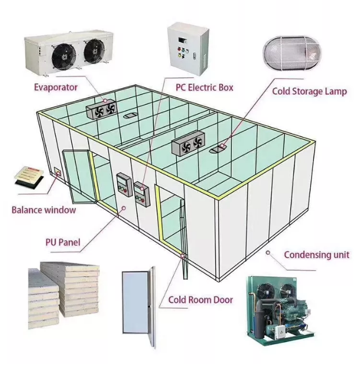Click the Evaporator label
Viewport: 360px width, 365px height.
(x=56, y=87)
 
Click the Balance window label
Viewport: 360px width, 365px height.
(x=44, y=211)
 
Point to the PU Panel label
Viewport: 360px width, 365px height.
(x=62, y=243)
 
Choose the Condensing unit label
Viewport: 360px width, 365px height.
(x=316, y=254)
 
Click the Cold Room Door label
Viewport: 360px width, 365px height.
(x=200, y=300)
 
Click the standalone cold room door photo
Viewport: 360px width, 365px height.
(x=137, y=309)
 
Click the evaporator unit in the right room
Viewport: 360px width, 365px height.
(x=187, y=144)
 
